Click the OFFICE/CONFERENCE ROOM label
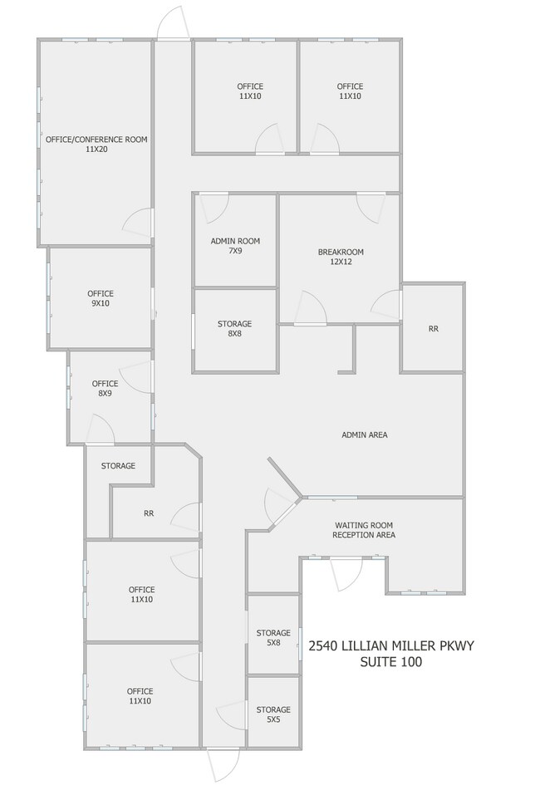coord(96,144)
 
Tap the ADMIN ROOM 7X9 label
coord(235,245)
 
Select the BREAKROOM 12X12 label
coord(341,257)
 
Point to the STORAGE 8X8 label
coord(235,328)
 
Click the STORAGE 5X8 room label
coord(273,637)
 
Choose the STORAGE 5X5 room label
coord(273,714)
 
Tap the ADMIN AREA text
coord(365,434)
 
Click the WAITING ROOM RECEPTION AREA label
coord(364,530)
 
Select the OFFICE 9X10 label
coord(101,298)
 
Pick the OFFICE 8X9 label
coord(105,388)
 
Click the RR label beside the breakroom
coord(433,328)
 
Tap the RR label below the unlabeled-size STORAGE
coord(149,513)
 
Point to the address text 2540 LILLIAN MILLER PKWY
coord(391,646)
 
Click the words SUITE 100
coord(391,661)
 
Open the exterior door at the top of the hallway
coord(173,23)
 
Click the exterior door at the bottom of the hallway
coord(223,765)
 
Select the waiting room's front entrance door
coord(346,573)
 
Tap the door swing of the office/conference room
coord(138,223)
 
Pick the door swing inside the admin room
coord(214,208)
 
